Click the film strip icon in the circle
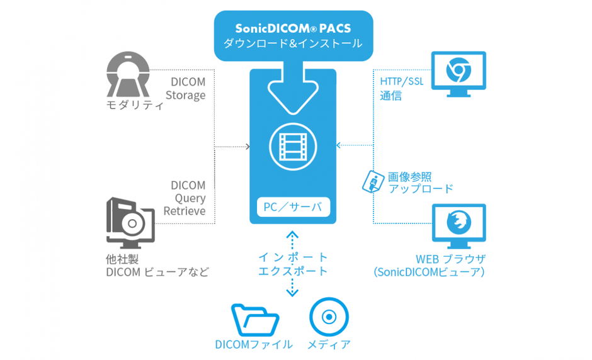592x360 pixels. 293,145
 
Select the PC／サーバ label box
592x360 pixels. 293,205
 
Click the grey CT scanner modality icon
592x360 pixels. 128,74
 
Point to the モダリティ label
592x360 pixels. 135,105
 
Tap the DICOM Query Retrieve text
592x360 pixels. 185,198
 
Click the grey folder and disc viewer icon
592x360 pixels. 130,221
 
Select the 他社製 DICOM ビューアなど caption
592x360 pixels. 157,265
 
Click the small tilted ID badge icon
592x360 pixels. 372,181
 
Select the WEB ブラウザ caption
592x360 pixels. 450,265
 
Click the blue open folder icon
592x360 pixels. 254,320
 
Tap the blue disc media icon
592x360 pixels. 329,317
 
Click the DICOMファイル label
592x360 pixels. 254,344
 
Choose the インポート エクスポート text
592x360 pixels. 293,264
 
